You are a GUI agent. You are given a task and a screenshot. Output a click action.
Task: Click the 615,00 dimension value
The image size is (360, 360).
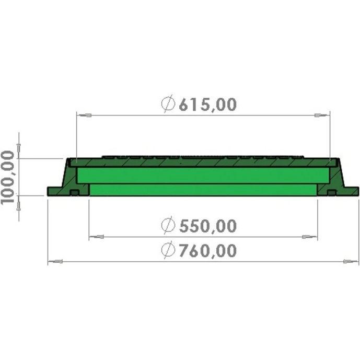pos(207,104)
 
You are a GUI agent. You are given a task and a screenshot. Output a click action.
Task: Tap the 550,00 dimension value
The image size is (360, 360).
pos(207,226)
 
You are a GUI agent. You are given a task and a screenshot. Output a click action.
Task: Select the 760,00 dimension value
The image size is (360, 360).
pos(207,250)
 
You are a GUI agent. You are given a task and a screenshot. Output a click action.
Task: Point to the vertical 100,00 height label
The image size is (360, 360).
pos(8,177)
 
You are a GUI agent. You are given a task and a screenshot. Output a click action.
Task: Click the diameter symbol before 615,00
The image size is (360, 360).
pos(168,104)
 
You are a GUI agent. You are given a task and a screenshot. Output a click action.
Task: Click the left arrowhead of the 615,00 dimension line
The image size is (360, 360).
pos(84,115)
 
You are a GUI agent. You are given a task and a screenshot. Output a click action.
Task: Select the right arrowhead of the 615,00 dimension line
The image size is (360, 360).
pos(322,115)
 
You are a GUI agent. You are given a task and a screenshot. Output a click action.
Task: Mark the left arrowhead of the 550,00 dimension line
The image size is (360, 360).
pos(97,237)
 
